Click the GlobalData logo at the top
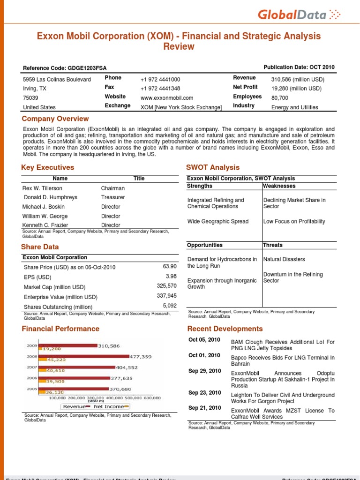click(297, 15)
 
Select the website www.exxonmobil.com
click(167, 98)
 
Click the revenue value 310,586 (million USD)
click(298, 79)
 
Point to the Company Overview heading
click(55, 119)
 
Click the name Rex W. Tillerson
click(42, 188)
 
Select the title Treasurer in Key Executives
click(113, 197)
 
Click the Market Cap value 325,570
click(166, 285)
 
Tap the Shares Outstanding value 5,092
click(170, 305)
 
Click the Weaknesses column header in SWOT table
click(279, 186)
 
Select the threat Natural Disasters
click(284, 259)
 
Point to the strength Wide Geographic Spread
click(218, 221)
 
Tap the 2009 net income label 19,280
click(52, 349)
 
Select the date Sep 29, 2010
click(204, 371)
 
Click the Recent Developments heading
click(225, 329)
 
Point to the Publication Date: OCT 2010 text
click(299, 67)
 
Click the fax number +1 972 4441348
click(160, 89)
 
